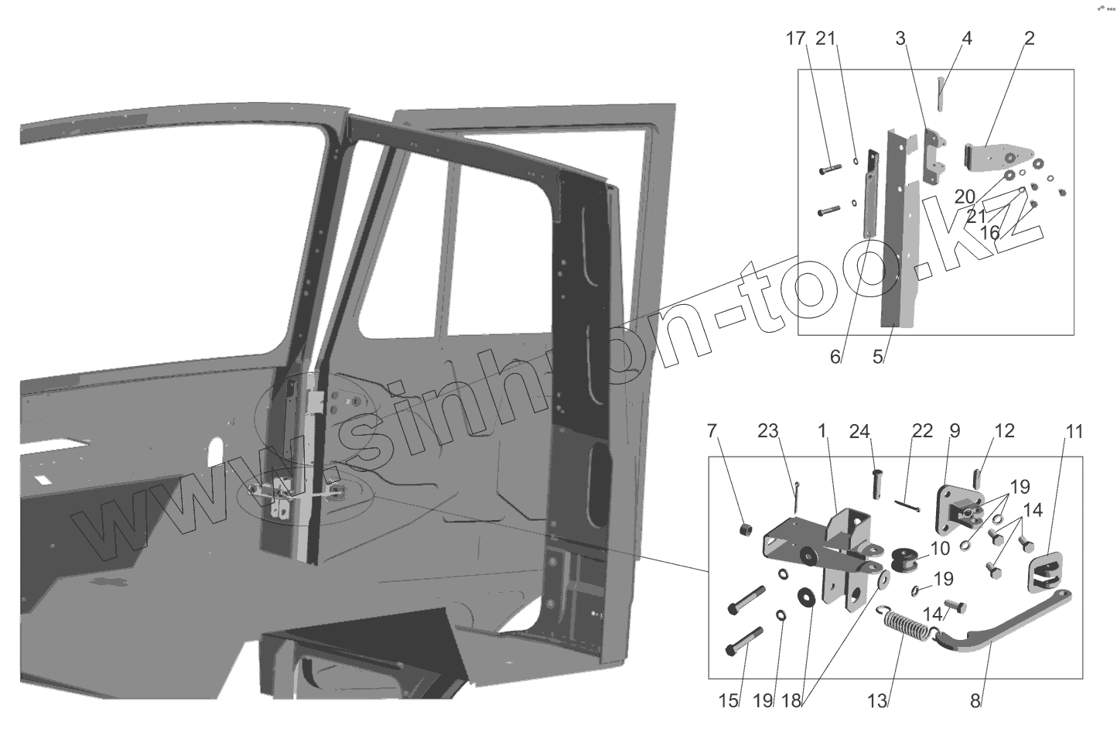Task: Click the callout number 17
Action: pyautogui.click(x=796, y=39)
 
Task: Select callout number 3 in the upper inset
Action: pyautogui.click(x=900, y=39)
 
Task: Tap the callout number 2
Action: pyautogui.click(x=1028, y=39)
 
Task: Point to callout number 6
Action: pyautogui.click(x=835, y=357)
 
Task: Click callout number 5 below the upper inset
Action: pyautogui.click(x=878, y=357)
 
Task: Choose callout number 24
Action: pyautogui.click(x=859, y=430)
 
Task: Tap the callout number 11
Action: pyautogui.click(x=1074, y=430)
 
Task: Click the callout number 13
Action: pyautogui.click(x=876, y=701)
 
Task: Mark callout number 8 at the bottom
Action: pyautogui.click(x=975, y=701)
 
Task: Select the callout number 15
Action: pyautogui.click(x=728, y=701)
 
